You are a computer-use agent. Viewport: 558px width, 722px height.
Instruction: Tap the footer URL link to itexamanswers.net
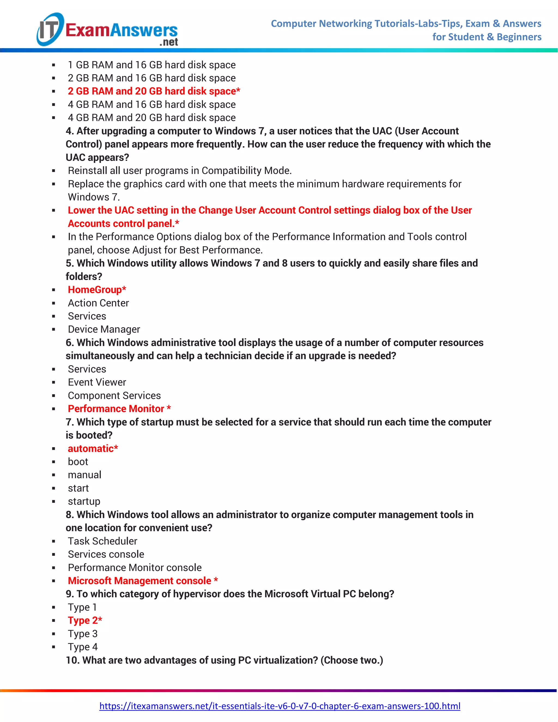tap(280, 706)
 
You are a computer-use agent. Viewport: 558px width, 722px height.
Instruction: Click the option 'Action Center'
tap(98, 303)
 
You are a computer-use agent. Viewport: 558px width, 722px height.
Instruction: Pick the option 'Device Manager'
tap(104, 329)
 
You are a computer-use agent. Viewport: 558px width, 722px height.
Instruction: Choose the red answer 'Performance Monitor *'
tap(119, 409)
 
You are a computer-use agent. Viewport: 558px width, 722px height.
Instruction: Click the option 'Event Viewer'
tap(97, 382)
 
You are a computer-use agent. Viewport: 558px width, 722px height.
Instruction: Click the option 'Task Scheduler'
tap(102, 541)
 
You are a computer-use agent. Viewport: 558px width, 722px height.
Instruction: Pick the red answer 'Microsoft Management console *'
tap(143, 581)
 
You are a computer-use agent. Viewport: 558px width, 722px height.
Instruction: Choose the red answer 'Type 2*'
tap(85, 620)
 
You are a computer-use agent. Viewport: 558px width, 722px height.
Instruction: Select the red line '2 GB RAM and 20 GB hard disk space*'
tap(154, 91)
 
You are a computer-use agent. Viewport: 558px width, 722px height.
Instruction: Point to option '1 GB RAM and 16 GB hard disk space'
tap(152, 65)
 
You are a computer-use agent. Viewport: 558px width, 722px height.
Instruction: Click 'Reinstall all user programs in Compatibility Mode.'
tap(180, 171)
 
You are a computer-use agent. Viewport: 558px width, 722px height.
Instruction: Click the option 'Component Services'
tap(114, 395)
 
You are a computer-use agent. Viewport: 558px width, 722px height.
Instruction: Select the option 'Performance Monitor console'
tap(135, 567)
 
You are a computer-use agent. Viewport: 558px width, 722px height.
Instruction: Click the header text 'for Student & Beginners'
tap(487, 37)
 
